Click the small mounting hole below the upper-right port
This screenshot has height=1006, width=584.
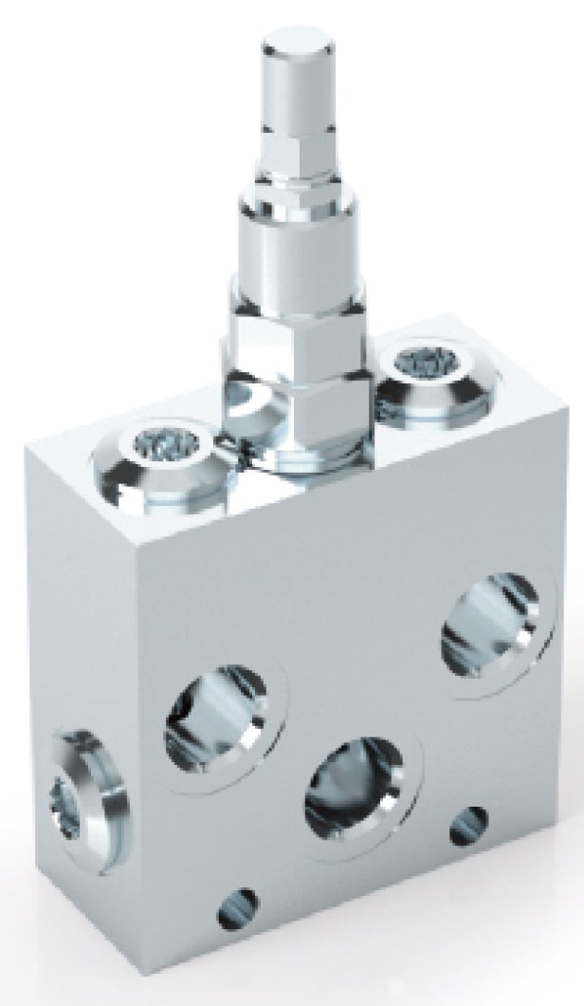(x=467, y=824)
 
